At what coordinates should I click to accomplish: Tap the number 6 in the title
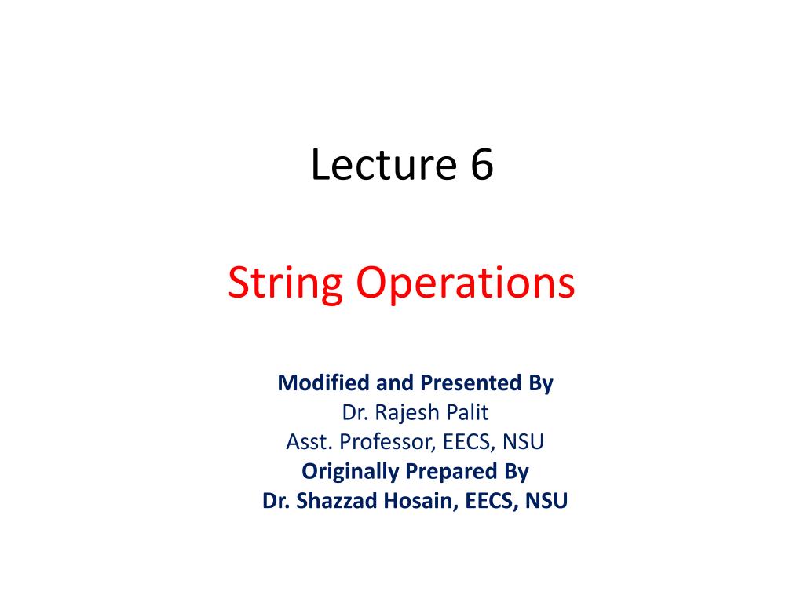[x=482, y=166]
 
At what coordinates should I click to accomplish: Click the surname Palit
[x=469, y=412]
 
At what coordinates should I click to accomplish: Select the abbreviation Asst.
[x=306, y=442]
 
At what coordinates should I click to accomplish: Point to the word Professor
[x=386, y=442]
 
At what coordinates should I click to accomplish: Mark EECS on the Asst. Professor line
[x=466, y=442]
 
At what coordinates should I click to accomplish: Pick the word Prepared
[x=448, y=471]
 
